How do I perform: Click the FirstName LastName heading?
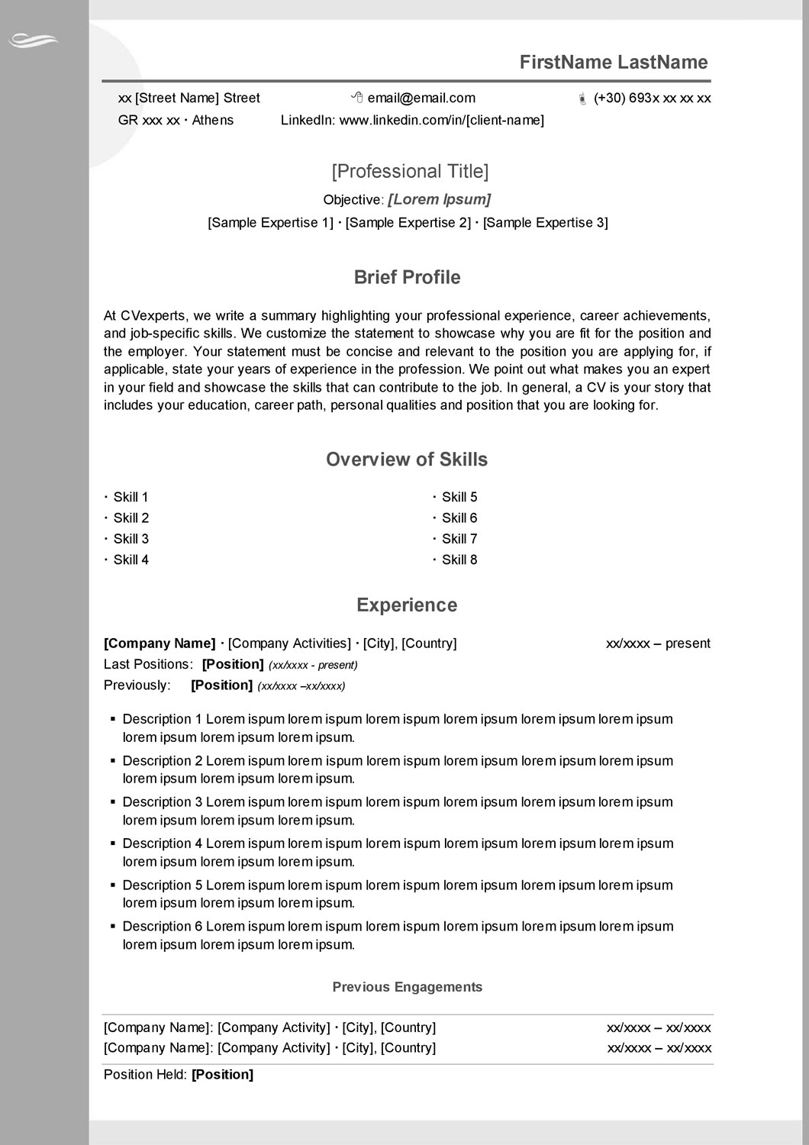614,63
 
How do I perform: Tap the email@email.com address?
421,98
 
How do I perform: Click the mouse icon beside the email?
356,97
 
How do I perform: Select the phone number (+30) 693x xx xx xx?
652,98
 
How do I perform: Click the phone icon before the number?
582,98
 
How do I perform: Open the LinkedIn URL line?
412,120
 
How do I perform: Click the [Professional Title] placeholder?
410,171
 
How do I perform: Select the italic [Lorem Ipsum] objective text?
439,199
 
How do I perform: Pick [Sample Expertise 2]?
408,222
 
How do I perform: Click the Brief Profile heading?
407,277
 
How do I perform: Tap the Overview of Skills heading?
407,460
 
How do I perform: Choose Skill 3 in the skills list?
131,539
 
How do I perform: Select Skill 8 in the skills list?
459,560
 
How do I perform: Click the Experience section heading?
407,605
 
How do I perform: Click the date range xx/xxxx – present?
658,643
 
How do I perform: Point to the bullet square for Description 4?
113,843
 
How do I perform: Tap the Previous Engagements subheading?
407,987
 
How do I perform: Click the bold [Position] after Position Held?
222,1075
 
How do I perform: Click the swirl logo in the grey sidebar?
33,40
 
